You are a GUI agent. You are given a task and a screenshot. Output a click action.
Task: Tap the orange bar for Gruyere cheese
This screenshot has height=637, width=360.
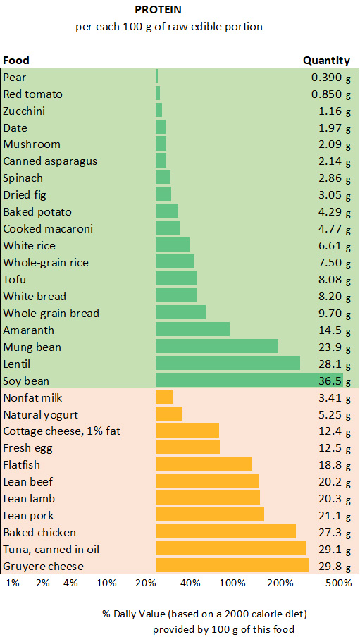click(x=232, y=566)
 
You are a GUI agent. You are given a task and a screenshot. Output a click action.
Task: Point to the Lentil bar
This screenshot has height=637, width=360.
click(x=228, y=364)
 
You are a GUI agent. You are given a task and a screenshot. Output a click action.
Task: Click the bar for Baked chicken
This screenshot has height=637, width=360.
click(x=225, y=532)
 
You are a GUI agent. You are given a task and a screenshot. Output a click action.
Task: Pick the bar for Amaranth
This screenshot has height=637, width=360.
click(x=192, y=330)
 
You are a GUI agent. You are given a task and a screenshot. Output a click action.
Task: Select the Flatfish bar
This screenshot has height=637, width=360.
click(x=204, y=464)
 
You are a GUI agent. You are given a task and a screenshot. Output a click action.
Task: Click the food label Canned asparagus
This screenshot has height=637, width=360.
click(x=50, y=161)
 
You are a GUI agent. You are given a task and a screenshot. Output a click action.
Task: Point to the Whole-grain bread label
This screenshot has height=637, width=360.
click(x=51, y=313)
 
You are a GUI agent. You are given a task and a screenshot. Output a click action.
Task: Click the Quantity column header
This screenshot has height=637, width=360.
click(x=326, y=60)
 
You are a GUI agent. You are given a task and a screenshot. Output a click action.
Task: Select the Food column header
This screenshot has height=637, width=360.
click(x=16, y=60)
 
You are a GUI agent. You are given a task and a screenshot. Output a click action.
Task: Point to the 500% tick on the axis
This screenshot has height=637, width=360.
click(x=339, y=583)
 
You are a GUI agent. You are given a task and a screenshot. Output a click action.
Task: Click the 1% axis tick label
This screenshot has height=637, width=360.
click(x=13, y=583)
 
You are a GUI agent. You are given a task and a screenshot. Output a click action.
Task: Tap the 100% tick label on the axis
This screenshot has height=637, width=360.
click(x=232, y=583)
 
